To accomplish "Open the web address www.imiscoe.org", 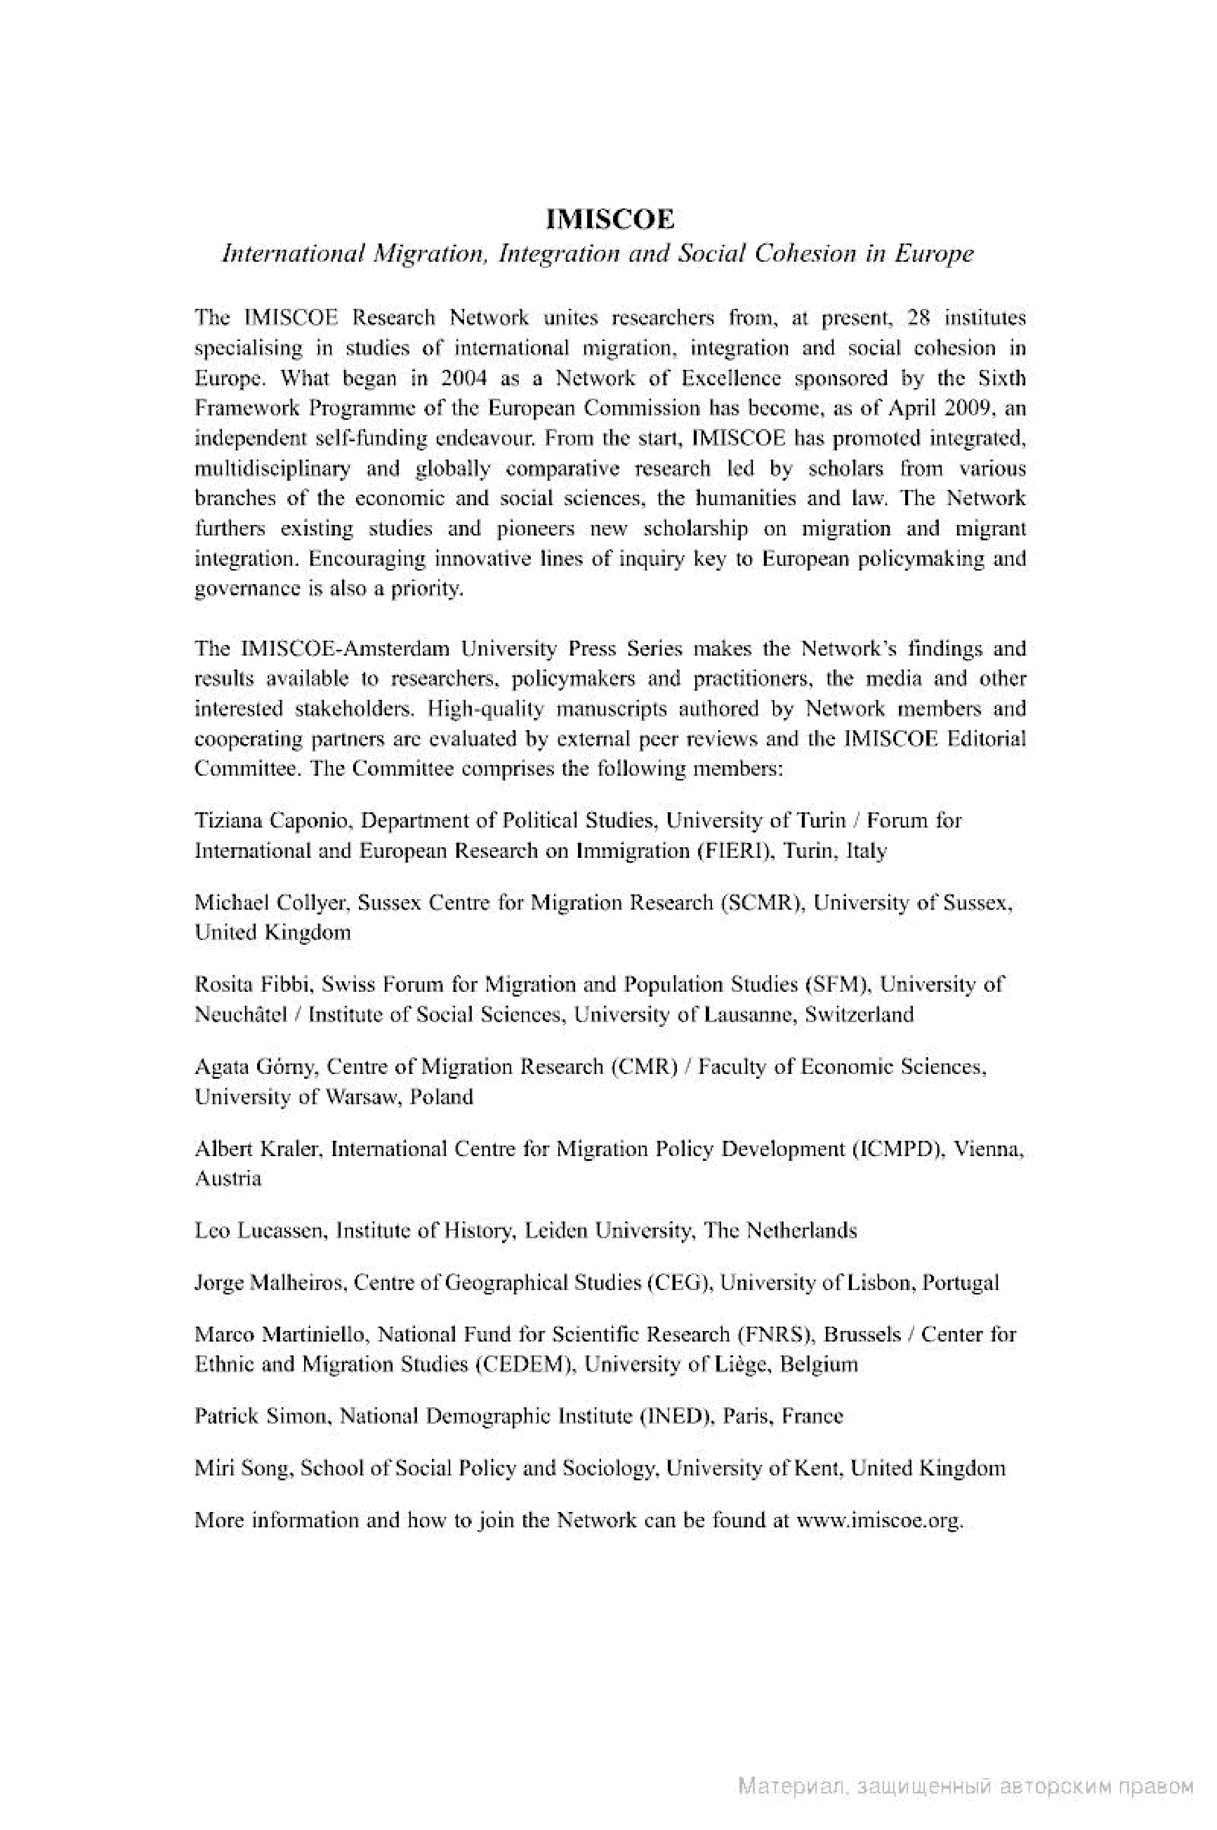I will (879, 1520).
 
